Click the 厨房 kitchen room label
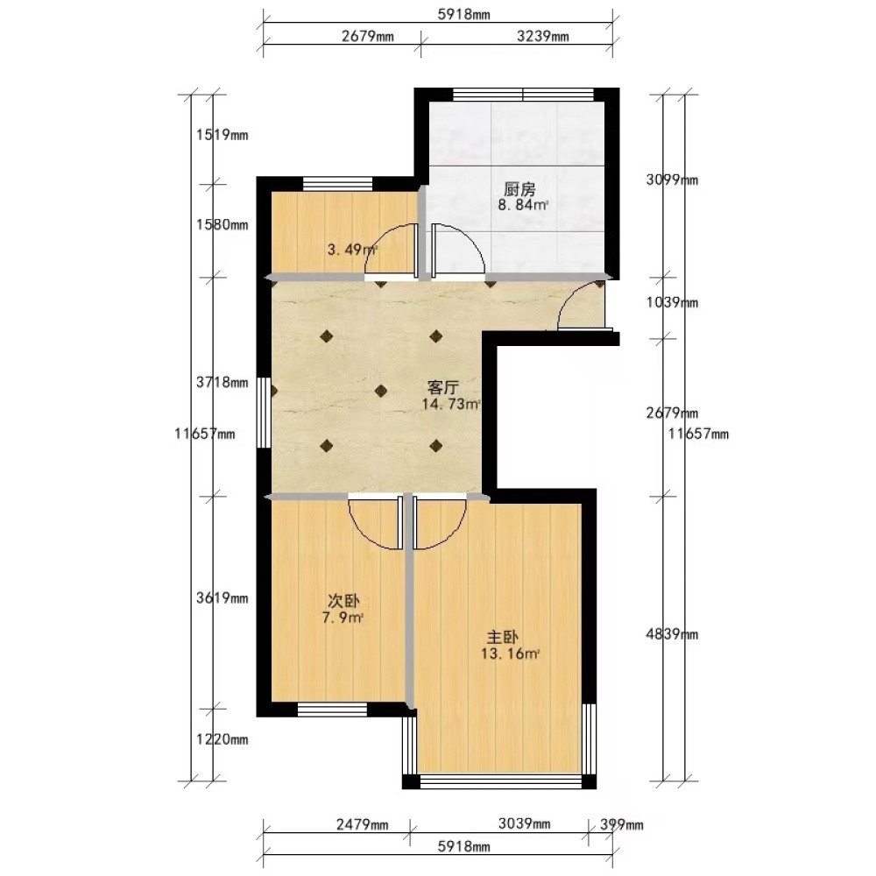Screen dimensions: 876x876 point(519,189)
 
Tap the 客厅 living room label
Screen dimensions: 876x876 point(443,387)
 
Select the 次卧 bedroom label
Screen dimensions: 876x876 point(343,601)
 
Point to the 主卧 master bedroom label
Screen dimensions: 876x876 point(502,637)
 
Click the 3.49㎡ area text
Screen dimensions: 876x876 point(352,249)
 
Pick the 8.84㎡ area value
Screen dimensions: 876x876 point(523,204)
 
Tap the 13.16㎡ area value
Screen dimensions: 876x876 point(510,653)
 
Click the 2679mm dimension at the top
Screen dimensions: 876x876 point(368,36)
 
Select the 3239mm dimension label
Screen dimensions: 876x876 point(542,36)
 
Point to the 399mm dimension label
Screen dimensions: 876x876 point(622,824)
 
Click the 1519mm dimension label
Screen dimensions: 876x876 point(222,135)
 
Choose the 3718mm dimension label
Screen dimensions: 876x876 point(222,382)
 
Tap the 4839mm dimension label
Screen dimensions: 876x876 point(672,634)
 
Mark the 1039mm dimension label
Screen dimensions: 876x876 point(672,302)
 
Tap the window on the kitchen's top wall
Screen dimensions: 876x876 point(523,95)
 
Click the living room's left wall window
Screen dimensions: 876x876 point(263,413)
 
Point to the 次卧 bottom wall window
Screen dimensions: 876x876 point(332,709)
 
